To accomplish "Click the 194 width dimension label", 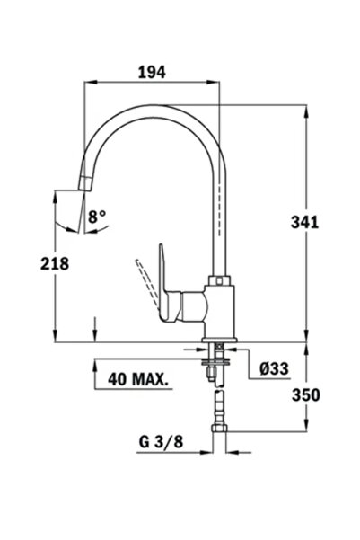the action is pyautogui.click(x=152, y=72).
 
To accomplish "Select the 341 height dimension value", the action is pyautogui.click(x=305, y=222).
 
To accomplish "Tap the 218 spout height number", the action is pyautogui.click(x=55, y=264).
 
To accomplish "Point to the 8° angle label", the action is pyautogui.click(x=97, y=217).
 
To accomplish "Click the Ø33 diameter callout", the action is pyautogui.click(x=274, y=369).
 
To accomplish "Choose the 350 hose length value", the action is pyautogui.click(x=306, y=395).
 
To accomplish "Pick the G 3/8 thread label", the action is pyautogui.click(x=161, y=441).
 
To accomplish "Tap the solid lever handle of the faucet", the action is pyautogui.click(x=165, y=283).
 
